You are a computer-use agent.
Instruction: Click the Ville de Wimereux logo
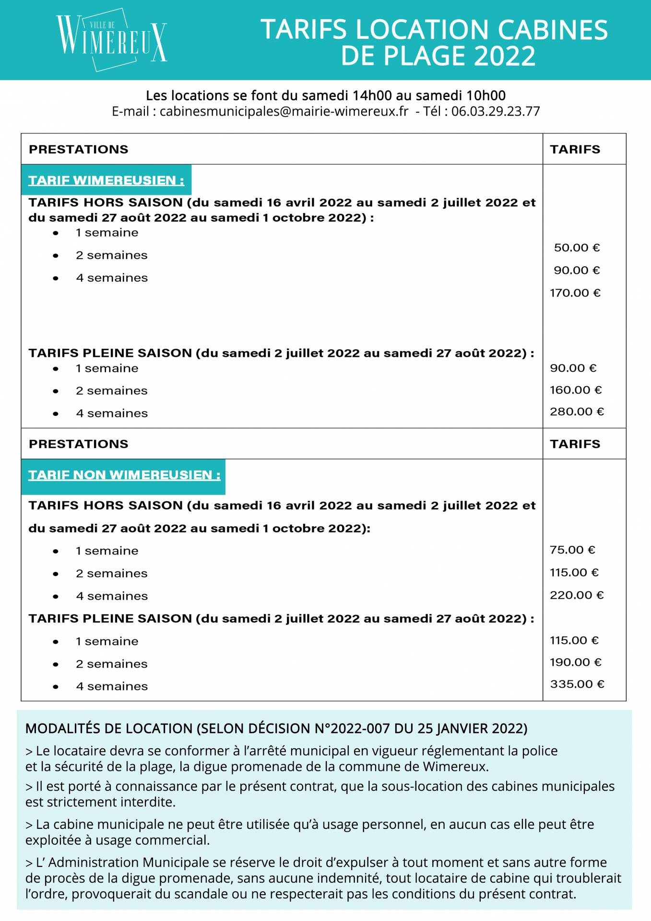(x=111, y=40)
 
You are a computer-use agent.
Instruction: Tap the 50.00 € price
(x=577, y=248)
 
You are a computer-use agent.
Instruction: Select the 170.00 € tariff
(x=575, y=293)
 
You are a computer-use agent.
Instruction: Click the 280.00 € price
(x=577, y=412)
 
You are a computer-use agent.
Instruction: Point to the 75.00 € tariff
(x=572, y=550)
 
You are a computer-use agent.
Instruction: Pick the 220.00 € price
(x=577, y=595)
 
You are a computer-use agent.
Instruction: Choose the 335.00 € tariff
(x=577, y=684)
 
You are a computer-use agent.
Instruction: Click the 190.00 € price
(x=575, y=662)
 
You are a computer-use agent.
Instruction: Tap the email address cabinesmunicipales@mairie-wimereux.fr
(x=284, y=112)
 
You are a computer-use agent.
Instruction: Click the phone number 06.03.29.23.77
(x=496, y=112)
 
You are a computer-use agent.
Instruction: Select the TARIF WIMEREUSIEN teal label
(x=106, y=180)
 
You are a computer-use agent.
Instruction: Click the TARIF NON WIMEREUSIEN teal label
(x=124, y=475)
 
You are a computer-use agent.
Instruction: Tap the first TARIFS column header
(x=575, y=150)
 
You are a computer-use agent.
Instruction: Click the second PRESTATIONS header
(x=79, y=444)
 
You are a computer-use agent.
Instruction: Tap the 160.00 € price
(x=575, y=390)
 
